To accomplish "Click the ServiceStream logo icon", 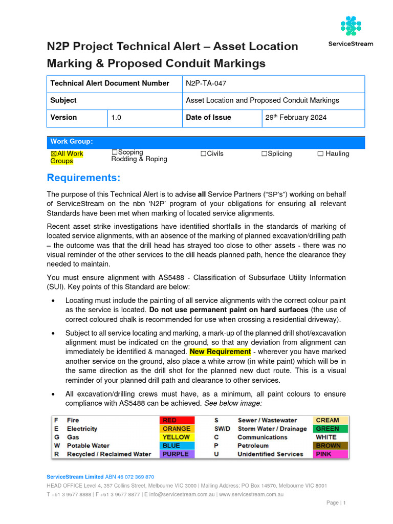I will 351,26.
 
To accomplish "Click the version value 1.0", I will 116,117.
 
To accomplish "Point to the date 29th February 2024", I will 296,117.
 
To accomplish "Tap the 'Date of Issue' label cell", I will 208,117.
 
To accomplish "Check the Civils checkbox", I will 203,154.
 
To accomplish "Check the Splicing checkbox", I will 264,154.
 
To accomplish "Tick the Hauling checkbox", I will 320,154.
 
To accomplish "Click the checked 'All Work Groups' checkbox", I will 54,154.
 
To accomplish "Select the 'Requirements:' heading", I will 84,178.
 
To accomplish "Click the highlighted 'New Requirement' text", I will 220,352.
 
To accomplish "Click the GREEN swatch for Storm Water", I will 330,429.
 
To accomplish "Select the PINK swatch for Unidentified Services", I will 330,454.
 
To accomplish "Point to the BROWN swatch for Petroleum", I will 330,446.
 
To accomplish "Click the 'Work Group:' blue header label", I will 72,142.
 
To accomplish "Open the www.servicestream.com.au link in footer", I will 251,494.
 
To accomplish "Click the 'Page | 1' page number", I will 336,503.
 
